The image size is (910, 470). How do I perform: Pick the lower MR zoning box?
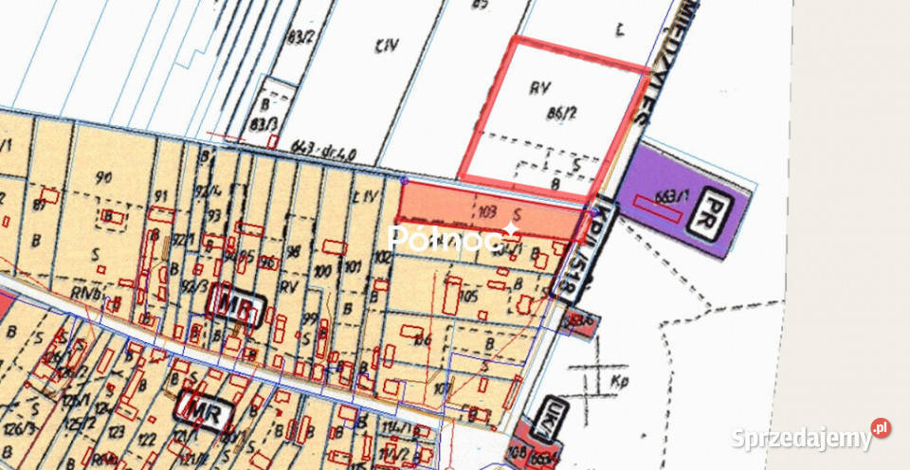203,408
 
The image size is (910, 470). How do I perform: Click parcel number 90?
104,177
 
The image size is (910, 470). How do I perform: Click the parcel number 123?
118,431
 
